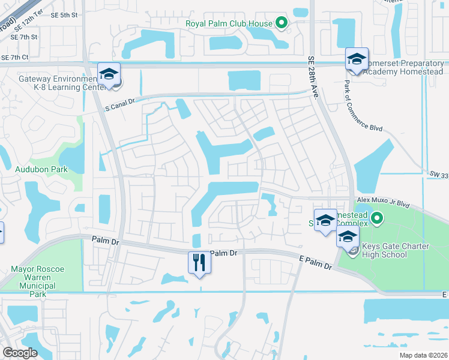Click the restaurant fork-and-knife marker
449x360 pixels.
(x=199, y=262)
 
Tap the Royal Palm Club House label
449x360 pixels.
(x=229, y=24)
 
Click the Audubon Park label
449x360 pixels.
(x=41, y=170)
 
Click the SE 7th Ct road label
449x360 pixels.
(x=16, y=57)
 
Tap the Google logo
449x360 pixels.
(x=20, y=352)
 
